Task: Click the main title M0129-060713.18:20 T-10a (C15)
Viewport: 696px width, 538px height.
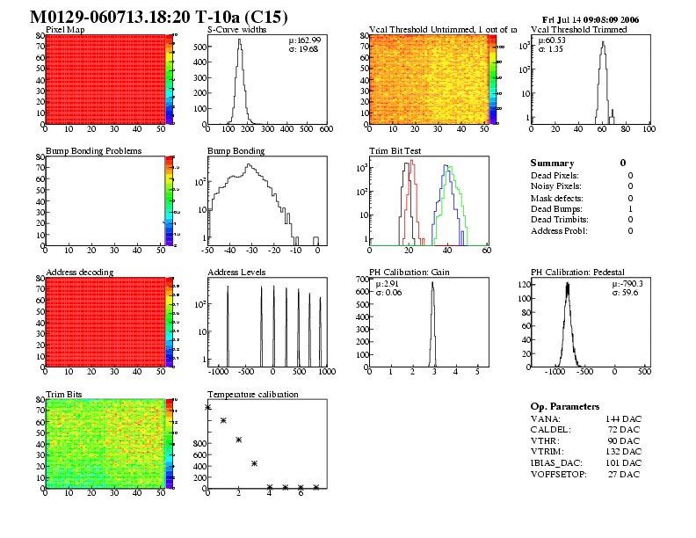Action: click(x=158, y=18)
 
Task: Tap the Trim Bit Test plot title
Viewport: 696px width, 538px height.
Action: click(x=395, y=151)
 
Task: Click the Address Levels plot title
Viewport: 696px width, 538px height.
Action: click(x=236, y=273)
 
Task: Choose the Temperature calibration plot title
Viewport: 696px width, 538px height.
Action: click(x=252, y=394)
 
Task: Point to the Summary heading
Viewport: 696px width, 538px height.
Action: click(x=552, y=164)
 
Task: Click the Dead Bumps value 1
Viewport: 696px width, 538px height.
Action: click(x=630, y=209)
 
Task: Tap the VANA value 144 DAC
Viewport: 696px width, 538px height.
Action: click(x=620, y=418)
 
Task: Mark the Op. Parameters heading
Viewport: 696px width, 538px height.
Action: click(x=565, y=407)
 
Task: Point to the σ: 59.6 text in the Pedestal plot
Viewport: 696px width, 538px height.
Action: click(x=626, y=293)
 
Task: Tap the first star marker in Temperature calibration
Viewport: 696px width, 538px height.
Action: click(x=208, y=407)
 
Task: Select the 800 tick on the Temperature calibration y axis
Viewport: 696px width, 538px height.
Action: click(x=197, y=444)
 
